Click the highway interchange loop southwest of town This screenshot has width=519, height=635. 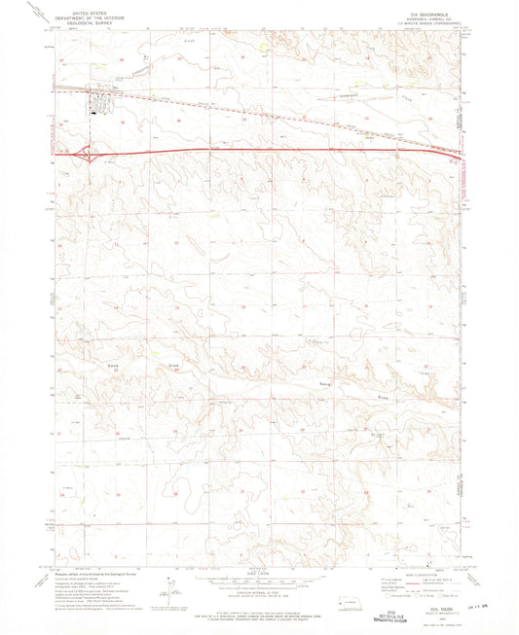coord(87,151)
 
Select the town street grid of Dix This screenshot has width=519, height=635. coord(100,100)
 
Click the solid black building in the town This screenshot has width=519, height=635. coord(93,111)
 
